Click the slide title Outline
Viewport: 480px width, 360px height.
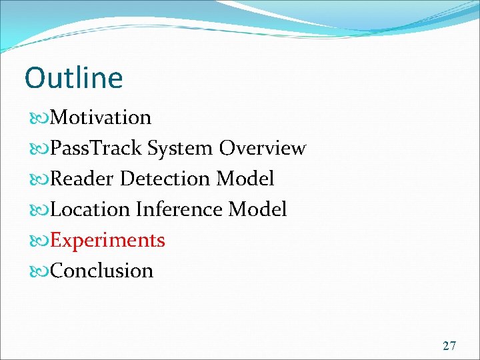pos(73,78)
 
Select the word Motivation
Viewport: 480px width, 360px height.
pos(101,117)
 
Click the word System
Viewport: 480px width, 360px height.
pos(181,148)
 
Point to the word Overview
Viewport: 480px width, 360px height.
pos(263,148)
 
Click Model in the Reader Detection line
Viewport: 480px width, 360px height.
pos(245,179)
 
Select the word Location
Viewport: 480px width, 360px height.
pos(90,209)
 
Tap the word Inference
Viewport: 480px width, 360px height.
pos(179,209)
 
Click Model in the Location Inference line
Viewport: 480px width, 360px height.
pos(257,209)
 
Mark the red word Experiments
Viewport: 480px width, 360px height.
pos(107,240)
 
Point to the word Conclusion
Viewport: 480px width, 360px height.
pos(101,271)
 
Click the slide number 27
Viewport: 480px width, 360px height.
pos(449,345)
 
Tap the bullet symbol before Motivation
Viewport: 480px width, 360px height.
pos(39,118)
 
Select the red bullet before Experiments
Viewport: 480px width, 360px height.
pos(39,241)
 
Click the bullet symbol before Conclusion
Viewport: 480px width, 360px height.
pos(39,271)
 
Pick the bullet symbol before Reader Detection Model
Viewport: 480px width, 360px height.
pos(39,179)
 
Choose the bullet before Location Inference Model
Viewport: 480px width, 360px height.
pos(39,210)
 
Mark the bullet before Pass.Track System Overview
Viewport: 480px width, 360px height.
pos(39,149)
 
